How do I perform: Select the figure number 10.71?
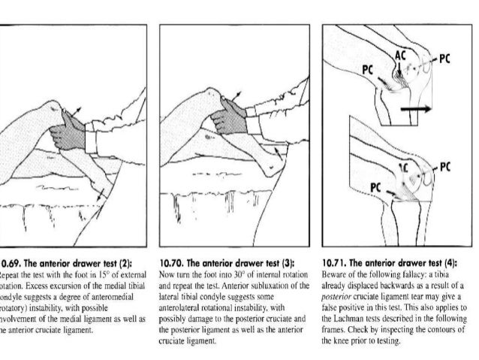point(334,264)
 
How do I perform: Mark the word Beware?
point(332,276)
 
